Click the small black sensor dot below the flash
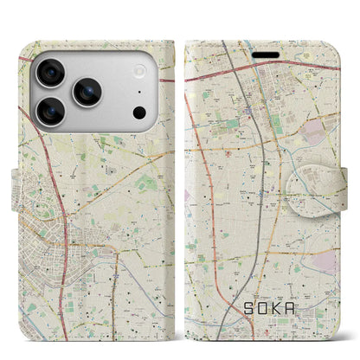coord(138,112)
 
